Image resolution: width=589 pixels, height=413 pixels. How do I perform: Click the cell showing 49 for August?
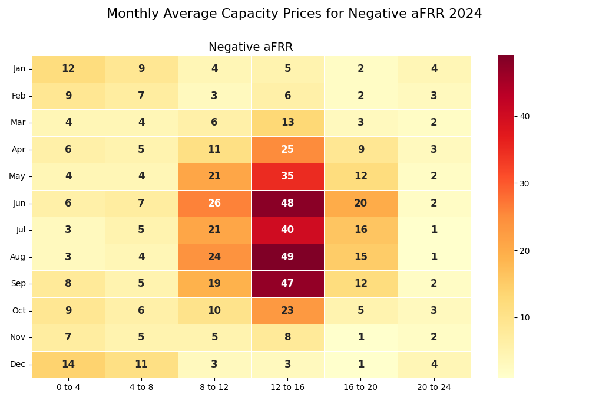[287, 257]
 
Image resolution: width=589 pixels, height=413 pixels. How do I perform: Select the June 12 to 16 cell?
[287, 203]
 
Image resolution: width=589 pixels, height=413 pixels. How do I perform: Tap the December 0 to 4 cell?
[68, 364]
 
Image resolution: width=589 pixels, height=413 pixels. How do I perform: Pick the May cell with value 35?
[287, 176]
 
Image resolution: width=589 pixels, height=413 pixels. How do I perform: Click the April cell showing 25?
[287, 149]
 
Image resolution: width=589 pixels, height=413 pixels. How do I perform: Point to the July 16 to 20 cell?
[360, 230]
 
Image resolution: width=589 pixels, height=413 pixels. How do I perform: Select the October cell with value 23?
[287, 310]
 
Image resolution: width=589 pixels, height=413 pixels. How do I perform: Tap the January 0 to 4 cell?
[68, 69]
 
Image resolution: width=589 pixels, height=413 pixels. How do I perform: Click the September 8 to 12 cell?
[214, 284]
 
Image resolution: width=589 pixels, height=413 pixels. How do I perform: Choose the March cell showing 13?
[287, 123]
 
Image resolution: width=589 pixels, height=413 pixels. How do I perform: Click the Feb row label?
[19, 96]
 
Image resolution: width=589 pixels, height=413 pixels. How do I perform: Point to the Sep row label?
[19, 284]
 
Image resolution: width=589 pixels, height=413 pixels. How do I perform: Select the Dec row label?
[18, 364]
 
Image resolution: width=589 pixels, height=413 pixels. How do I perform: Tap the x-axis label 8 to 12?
[214, 388]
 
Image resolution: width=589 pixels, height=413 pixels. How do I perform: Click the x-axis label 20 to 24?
[434, 388]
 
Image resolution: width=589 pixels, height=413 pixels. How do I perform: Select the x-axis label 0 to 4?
[68, 388]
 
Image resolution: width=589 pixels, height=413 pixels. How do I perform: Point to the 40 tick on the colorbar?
[524, 116]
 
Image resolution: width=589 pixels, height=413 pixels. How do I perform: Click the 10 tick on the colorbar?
[524, 317]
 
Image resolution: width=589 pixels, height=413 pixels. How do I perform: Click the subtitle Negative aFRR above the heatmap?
[250, 47]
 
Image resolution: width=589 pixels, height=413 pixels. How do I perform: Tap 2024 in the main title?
[466, 14]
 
